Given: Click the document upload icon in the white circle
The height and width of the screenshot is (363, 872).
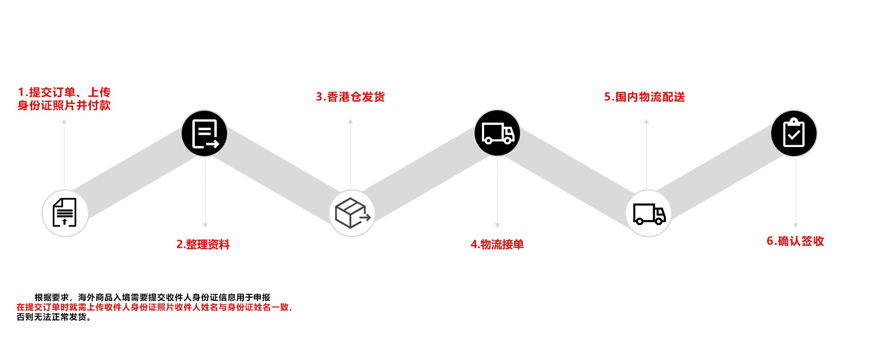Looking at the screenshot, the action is [x=64, y=212].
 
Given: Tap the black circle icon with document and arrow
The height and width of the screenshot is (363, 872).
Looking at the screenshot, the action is [x=204, y=133].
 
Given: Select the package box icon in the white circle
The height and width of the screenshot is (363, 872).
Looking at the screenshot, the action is [x=352, y=213].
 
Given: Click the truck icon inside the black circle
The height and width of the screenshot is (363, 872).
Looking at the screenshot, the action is [x=497, y=133].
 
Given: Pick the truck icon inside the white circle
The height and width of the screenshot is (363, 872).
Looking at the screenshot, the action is [x=649, y=213].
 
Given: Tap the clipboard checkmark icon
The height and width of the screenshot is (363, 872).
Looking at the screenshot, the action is [x=794, y=133].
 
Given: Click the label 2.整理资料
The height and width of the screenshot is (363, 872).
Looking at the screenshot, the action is [x=203, y=245].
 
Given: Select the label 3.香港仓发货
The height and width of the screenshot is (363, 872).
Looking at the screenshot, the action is [x=350, y=97].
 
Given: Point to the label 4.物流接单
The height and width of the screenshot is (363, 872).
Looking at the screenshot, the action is [x=497, y=245].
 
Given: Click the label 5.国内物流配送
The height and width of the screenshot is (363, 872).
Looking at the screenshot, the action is [x=644, y=97].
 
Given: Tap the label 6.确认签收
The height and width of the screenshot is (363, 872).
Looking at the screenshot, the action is [x=795, y=241].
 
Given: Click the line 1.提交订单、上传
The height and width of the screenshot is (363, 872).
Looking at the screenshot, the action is [x=64, y=92].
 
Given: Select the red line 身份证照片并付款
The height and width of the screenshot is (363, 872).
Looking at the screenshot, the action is [x=64, y=105].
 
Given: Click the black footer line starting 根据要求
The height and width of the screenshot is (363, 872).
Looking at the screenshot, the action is [x=152, y=297].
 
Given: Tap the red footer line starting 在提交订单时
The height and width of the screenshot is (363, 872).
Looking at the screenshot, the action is [x=154, y=307].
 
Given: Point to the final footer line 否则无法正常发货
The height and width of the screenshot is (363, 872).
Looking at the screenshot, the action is [x=54, y=317].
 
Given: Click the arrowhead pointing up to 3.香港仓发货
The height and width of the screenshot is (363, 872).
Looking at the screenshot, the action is [x=351, y=122].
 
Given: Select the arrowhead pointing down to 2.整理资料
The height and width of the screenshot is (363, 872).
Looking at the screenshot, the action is [x=205, y=225].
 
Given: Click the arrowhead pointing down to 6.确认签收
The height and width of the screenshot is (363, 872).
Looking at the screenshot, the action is [x=796, y=225].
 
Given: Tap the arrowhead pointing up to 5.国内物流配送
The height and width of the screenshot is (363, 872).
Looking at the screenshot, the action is [x=646, y=122].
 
